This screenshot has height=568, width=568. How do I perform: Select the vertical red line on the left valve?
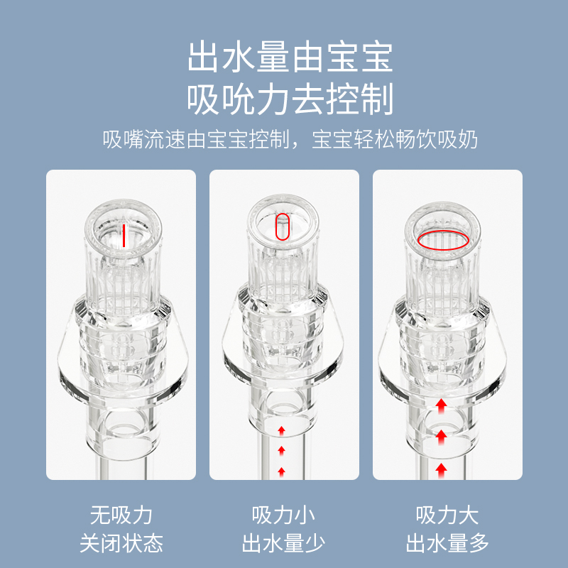point(123,235)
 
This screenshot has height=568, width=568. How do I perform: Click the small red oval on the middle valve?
point(282,228)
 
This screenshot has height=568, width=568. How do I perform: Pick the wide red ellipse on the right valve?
point(442,241)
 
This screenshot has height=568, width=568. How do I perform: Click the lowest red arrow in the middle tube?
point(282,471)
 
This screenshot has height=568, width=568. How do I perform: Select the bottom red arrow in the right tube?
point(442,467)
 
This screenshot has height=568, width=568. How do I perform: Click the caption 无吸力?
point(121,515)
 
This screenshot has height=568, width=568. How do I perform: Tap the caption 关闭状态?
point(121,544)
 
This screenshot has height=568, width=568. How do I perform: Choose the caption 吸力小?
point(284,515)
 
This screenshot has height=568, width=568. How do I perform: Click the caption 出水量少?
point(284,544)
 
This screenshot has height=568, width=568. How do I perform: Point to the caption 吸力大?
point(447,515)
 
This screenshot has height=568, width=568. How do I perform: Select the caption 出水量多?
point(447,544)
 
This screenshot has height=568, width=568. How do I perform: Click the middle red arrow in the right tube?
point(442,435)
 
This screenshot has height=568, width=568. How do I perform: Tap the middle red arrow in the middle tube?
point(282,450)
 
